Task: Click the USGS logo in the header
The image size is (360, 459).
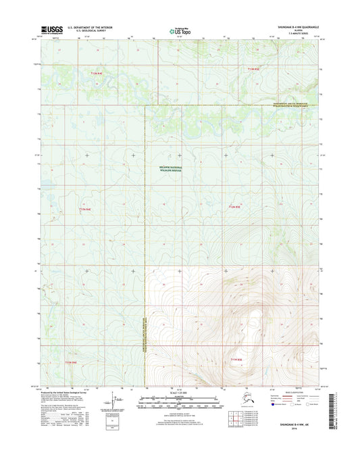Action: pyautogui.click(x=53, y=30)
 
